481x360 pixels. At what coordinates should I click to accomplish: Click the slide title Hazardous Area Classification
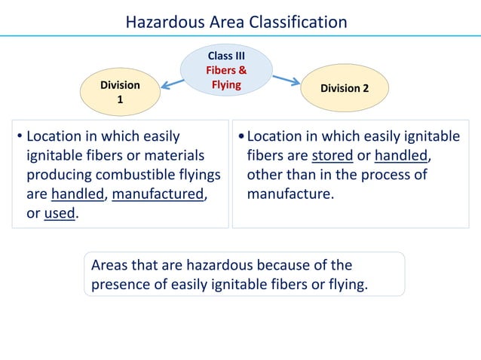click(236, 22)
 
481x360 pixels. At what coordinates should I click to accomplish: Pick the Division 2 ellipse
click(345, 88)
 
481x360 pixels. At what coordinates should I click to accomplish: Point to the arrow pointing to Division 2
click(286, 79)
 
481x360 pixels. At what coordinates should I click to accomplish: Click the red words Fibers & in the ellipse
click(226, 70)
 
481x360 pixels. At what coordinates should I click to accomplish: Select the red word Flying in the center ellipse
click(226, 84)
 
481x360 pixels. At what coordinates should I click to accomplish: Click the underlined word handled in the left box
click(78, 194)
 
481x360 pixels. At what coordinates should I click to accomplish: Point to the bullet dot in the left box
click(20, 138)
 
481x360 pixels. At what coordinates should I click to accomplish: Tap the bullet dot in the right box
click(240, 138)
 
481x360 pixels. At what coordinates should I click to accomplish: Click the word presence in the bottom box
click(121, 285)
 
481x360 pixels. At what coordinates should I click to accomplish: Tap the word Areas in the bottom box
click(109, 266)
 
